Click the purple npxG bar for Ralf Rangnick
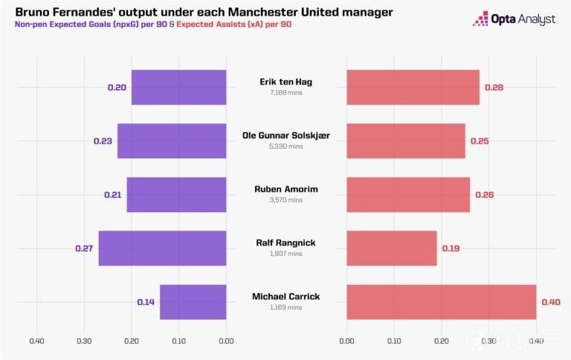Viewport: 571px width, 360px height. coord(162,248)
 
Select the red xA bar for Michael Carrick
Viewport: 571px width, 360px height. coord(442,302)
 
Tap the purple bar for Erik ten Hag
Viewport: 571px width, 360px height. coord(178,88)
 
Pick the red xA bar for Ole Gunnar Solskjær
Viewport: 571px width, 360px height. coord(406,141)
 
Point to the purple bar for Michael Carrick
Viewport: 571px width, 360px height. coord(193,302)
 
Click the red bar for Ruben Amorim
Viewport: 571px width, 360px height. coord(408,195)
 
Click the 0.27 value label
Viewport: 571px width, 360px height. coord(84,248)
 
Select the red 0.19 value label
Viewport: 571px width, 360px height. coord(451,248)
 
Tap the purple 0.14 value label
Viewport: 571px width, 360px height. coord(146,302)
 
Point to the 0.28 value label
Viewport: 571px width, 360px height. coord(494,88)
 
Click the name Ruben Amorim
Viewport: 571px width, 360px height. coord(285,189)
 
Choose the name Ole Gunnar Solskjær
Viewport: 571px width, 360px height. coord(285,135)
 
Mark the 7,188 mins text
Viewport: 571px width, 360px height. coord(285,92)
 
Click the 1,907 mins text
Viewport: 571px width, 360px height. coord(285,254)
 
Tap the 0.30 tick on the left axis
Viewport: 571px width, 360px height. coord(84,341)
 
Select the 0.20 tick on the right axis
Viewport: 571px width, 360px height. coord(442,341)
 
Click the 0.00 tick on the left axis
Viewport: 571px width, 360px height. coord(226,341)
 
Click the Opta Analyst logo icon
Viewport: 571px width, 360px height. coord(480,19)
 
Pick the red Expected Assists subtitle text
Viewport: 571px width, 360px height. coord(233,25)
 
